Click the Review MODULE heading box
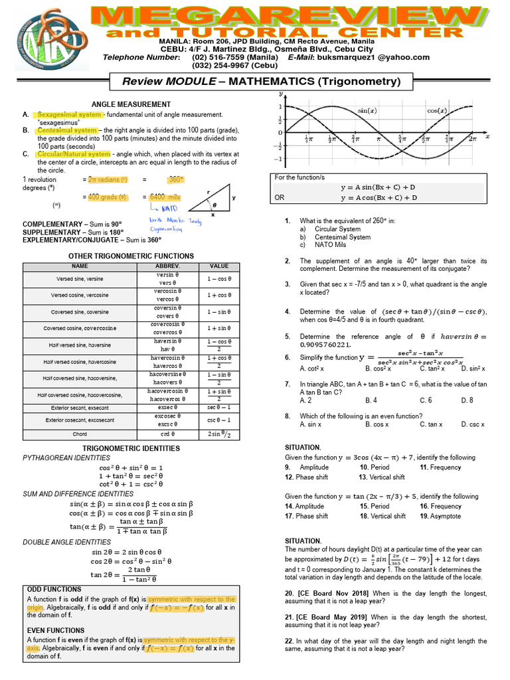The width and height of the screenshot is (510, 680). click(262, 81)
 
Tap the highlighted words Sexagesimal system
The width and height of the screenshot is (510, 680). click(64, 115)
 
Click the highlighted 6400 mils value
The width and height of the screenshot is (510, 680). click(166, 197)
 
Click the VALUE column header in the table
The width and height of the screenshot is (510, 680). click(218, 266)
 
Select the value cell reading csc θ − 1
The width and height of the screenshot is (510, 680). click(218, 420)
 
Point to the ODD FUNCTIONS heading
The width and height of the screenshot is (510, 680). click(54, 589)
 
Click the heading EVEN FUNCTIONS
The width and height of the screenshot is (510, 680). click(56, 630)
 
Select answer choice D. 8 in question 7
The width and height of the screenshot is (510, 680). click(467, 400)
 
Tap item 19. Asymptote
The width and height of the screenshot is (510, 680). click(440, 516)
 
